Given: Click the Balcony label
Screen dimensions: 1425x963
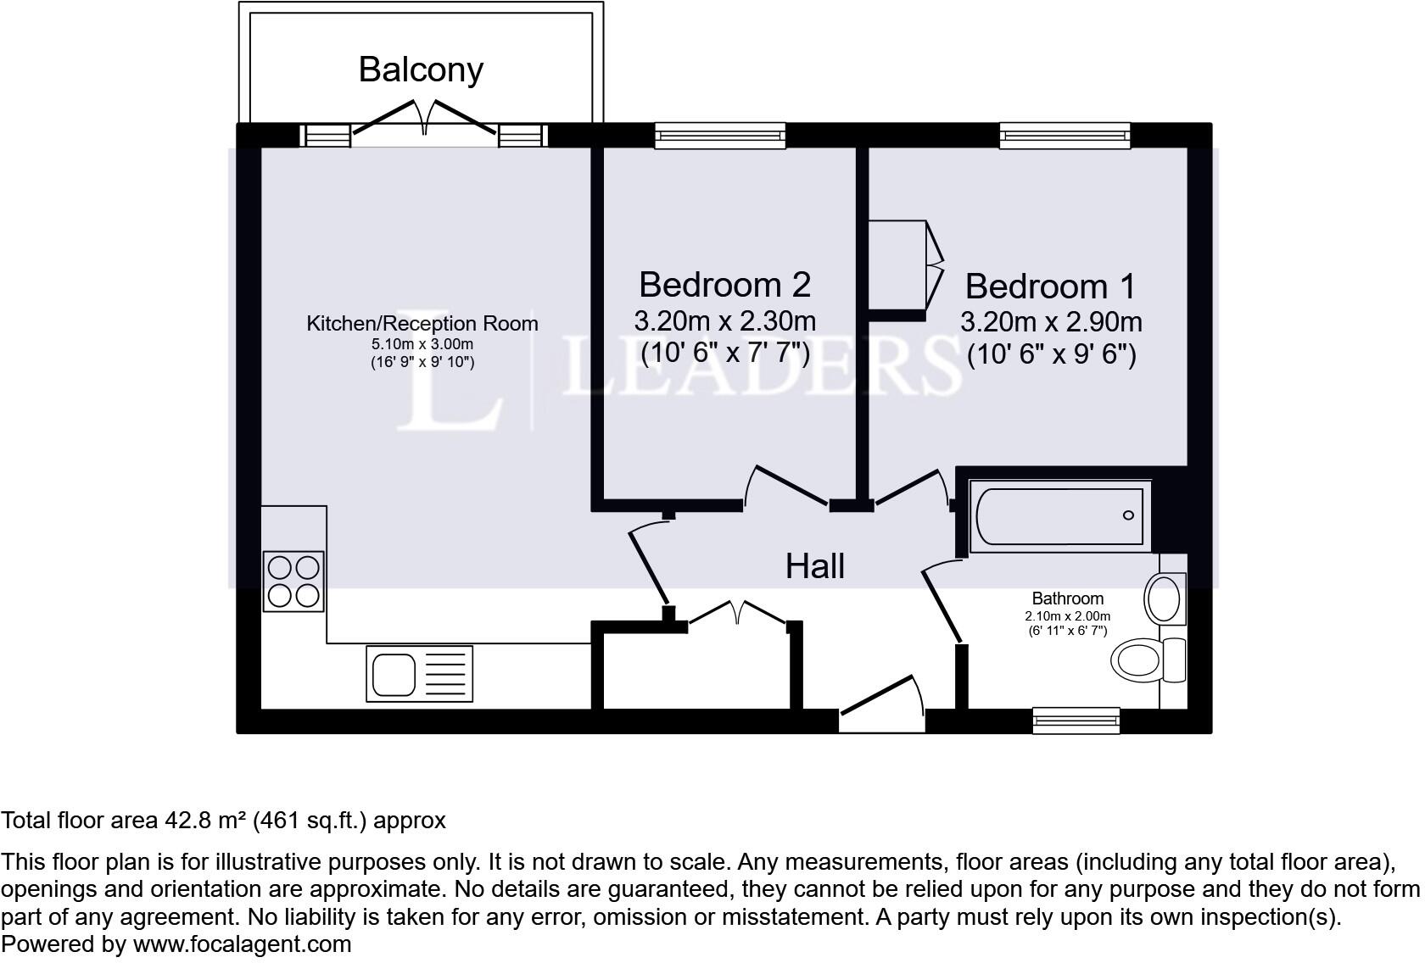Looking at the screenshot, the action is point(421,70).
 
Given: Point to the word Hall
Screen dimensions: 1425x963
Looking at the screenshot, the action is point(815,565).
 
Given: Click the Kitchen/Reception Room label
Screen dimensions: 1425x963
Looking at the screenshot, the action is point(422,324).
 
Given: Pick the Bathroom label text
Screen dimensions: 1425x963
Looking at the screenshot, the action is point(1067,598).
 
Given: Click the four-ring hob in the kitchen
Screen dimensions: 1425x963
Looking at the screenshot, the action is point(293,582).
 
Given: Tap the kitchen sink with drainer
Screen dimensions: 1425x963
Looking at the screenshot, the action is point(419,674).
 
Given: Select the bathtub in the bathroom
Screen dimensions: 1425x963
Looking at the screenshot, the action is point(1060,516).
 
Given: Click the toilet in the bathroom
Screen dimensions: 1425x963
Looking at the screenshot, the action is point(1148,660).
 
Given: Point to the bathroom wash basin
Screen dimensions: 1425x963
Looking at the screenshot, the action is point(1165,598).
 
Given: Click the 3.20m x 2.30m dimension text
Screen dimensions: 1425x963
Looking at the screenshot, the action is point(724,321).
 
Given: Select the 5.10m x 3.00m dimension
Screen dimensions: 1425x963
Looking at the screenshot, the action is point(422,344).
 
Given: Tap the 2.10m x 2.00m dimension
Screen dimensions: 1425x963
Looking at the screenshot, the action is point(1067,616).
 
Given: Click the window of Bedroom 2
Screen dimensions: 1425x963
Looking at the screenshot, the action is point(720,136).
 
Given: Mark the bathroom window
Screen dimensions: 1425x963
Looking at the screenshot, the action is point(1076,721).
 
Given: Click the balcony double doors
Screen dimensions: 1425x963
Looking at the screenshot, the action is point(424,118).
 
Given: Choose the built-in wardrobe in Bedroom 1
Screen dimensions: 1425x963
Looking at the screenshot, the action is point(905,267).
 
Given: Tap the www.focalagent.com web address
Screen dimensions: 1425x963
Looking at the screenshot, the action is point(242,944).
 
